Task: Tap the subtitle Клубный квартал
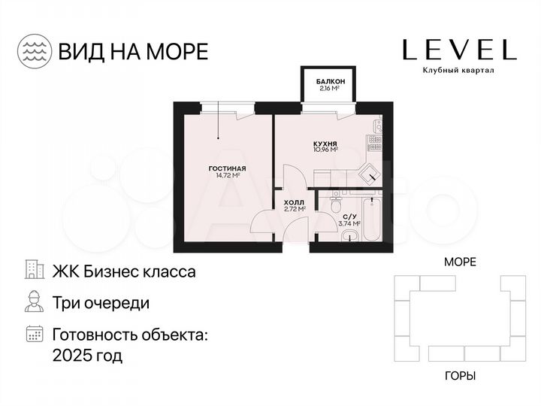(x=458, y=71)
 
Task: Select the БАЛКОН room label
(x=331, y=80)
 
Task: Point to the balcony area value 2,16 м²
(x=331, y=88)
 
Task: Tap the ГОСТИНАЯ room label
(x=227, y=168)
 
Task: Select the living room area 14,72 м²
(x=227, y=175)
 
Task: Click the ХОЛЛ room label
(x=294, y=203)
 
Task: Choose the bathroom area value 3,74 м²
(x=349, y=224)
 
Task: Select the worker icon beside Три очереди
(x=34, y=302)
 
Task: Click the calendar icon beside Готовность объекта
(x=34, y=334)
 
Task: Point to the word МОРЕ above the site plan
(x=460, y=262)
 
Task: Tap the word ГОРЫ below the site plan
(x=460, y=375)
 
